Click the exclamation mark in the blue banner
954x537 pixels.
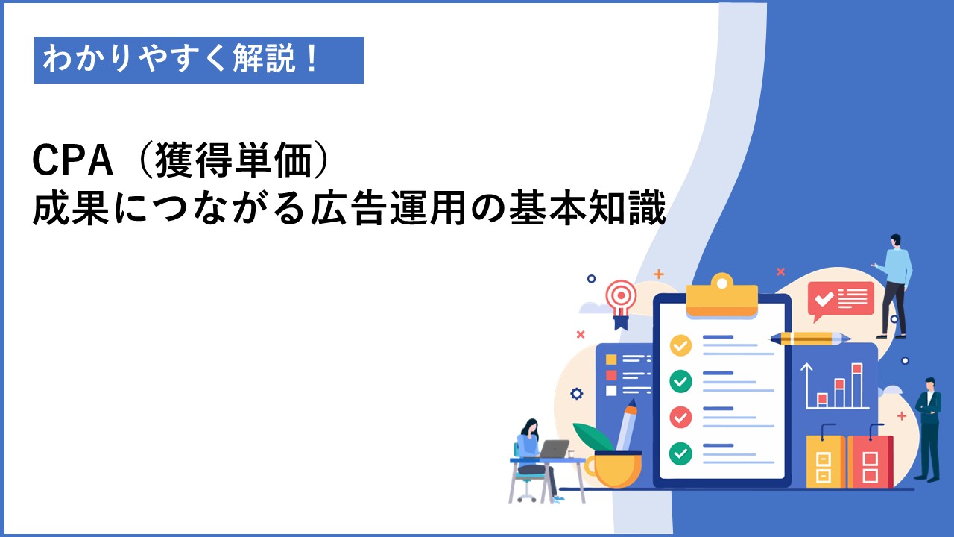point(312,59)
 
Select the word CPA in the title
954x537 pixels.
point(73,160)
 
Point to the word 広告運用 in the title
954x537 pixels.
point(388,208)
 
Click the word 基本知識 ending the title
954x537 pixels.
point(587,208)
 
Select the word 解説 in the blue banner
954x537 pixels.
point(264,59)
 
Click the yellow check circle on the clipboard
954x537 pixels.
point(680,345)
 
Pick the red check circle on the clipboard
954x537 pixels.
point(680,417)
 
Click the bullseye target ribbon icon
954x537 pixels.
point(621,304)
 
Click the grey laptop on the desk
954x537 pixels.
point(553,449)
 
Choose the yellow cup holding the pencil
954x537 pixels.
point(614,469)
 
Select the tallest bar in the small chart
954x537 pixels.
point(857,386)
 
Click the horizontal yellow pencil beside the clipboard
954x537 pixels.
point(809,339)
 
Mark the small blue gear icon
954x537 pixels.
point(576,393)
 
